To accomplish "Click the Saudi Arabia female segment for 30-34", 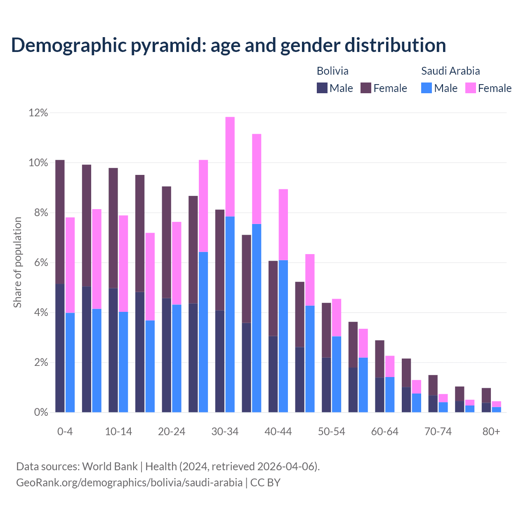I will tap(230, 167).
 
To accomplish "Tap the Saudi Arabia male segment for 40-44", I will tap(283, 336).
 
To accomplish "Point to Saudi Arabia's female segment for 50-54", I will tap(337, 318).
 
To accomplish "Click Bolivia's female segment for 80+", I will tap(486, 395).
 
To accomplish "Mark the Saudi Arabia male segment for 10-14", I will tap(123, 362).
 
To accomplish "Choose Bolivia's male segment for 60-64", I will tap(379, 395).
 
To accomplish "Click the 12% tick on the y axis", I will tap(38, 113).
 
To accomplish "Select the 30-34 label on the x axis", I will tap(225, 431).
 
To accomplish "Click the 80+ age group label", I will tap(491, 431).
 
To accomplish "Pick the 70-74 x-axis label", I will tap(438, 431).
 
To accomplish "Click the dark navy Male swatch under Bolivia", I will tap(322, 88).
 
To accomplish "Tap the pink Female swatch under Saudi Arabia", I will tap(470, 88).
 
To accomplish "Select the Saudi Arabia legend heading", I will tap(450, 71).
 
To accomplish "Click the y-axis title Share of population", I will tap(17, 262).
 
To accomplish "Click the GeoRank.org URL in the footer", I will tap(129, 482).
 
